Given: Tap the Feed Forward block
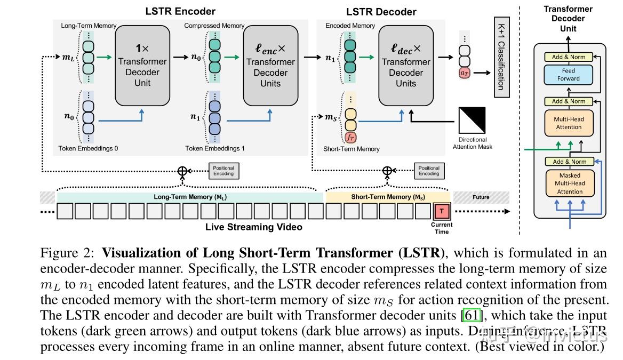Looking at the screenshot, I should tap(569, 75).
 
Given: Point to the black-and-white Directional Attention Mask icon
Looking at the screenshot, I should tap(472, 121).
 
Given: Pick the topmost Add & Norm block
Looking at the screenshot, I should tap(569, 57).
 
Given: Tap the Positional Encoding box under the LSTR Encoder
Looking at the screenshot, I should tap(223, 171).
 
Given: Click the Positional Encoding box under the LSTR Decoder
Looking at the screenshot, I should tap(428, 171).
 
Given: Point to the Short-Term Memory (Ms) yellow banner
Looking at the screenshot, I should tap(388, 197).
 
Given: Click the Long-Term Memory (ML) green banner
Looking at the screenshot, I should tap(190, 197).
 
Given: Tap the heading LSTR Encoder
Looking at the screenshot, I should tap(180, 11).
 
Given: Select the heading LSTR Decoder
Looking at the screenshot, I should tap(381, 11).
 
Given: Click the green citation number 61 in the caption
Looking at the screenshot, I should tap(472, 315).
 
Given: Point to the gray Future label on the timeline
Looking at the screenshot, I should tap(481, 197).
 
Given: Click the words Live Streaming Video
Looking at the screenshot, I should tap(254, 227).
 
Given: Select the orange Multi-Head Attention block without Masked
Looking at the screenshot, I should tap(569, 123).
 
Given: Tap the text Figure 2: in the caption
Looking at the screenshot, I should tap(68, 253).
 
